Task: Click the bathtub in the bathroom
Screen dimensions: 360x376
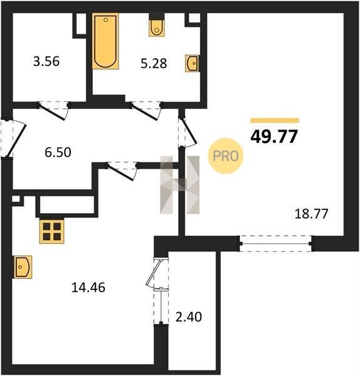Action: pos(105,41)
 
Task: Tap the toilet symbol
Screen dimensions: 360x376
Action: pos(157,25)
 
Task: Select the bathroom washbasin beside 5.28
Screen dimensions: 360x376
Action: pos(192,63)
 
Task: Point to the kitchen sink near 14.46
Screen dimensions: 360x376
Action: pos(23,267)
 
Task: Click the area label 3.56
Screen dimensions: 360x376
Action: pos(46,61)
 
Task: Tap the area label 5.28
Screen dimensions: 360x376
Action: pos(154,63)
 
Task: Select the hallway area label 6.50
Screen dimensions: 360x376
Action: pos(58,152)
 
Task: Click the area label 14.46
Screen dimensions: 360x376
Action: pos(88,287)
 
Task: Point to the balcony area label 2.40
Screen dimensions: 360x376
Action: pos(189,316)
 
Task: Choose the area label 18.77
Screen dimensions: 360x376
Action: pos(311,214)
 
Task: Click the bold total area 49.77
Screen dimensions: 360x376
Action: pos(274,137)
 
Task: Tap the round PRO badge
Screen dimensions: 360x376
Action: pos(225,156)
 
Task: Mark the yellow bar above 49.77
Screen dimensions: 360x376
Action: pos(275,120)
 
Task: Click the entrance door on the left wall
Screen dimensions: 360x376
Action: pos(13,138)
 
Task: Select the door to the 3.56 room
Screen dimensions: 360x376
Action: pos(54,110)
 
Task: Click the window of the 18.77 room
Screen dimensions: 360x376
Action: pos(276,244)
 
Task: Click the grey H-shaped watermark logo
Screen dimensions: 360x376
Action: pos(180,185)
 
